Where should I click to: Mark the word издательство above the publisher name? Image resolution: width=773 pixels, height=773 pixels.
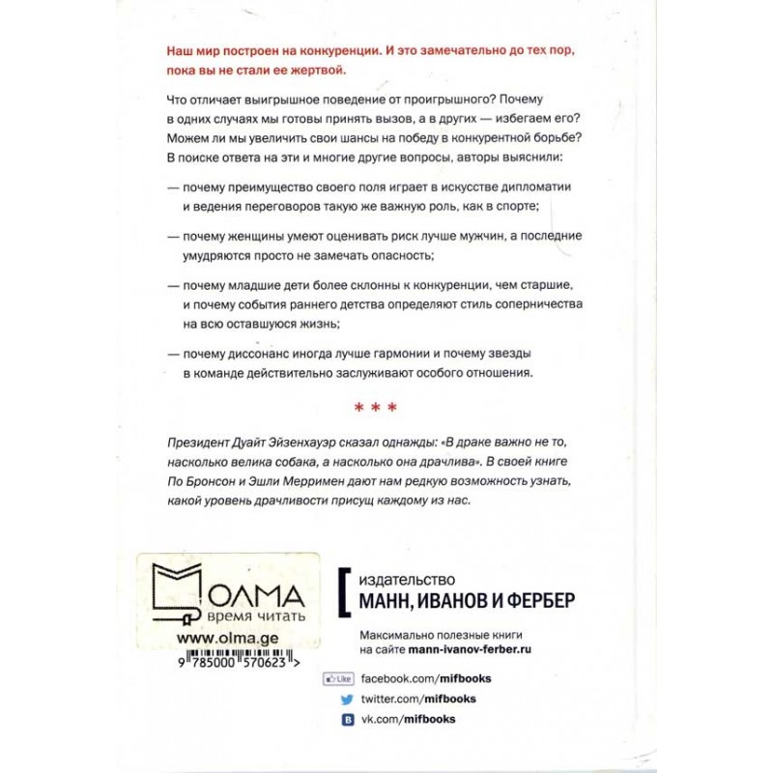(x=406, y=581)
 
